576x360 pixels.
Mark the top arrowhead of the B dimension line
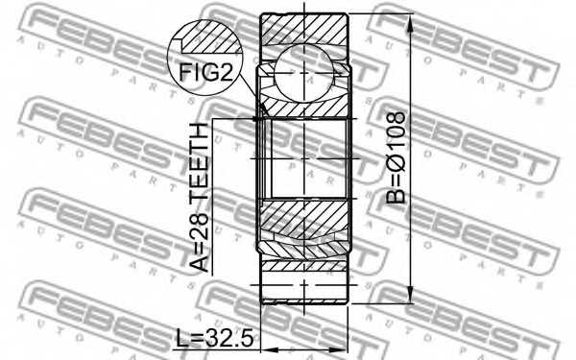coord(411,21)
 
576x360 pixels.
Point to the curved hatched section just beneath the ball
coord(305,106)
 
